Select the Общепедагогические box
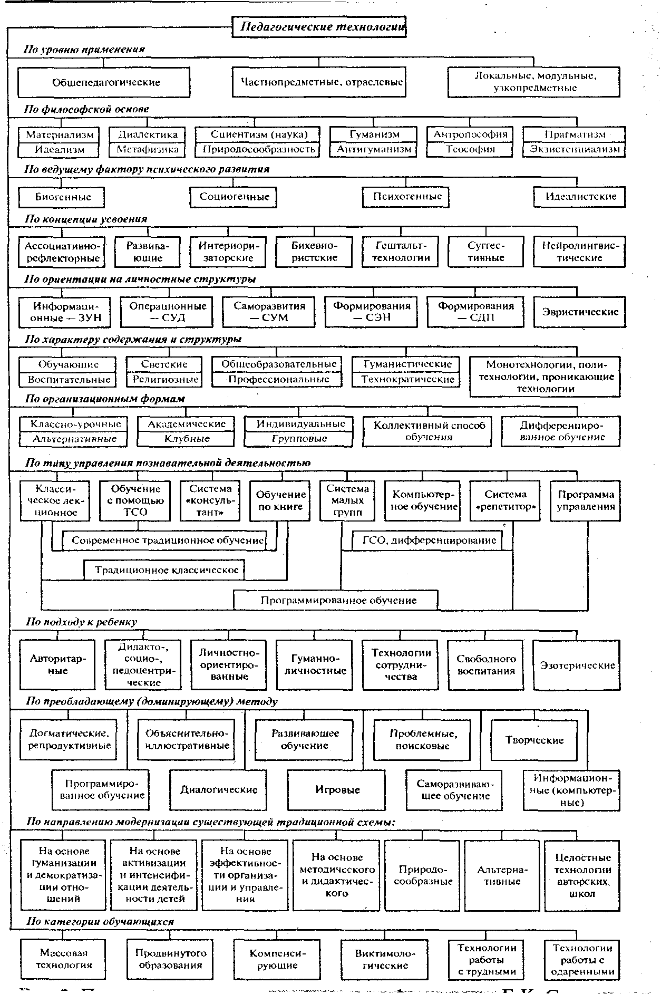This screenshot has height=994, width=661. coord(104,82)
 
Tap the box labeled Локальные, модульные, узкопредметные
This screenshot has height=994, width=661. coord(534,82)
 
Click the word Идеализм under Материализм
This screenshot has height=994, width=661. coord(60,149)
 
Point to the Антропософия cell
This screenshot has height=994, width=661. coord(470,134)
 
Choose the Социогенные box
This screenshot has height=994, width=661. coord(234,197)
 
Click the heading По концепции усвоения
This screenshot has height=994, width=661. coord(86,219)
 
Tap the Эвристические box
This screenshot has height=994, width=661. coord(580,312)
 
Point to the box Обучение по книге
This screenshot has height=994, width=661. coord(280,500)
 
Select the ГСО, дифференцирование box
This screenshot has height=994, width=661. coord(429,540)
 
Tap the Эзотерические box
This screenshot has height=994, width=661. coord(577,665)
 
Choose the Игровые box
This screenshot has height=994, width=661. coord(337,789)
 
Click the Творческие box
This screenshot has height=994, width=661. coord(534,740)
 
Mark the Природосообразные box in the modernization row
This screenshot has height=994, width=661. coord(424,875)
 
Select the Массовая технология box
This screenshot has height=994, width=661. coord(64,958)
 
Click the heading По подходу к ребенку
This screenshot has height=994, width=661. coord(82,622)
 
